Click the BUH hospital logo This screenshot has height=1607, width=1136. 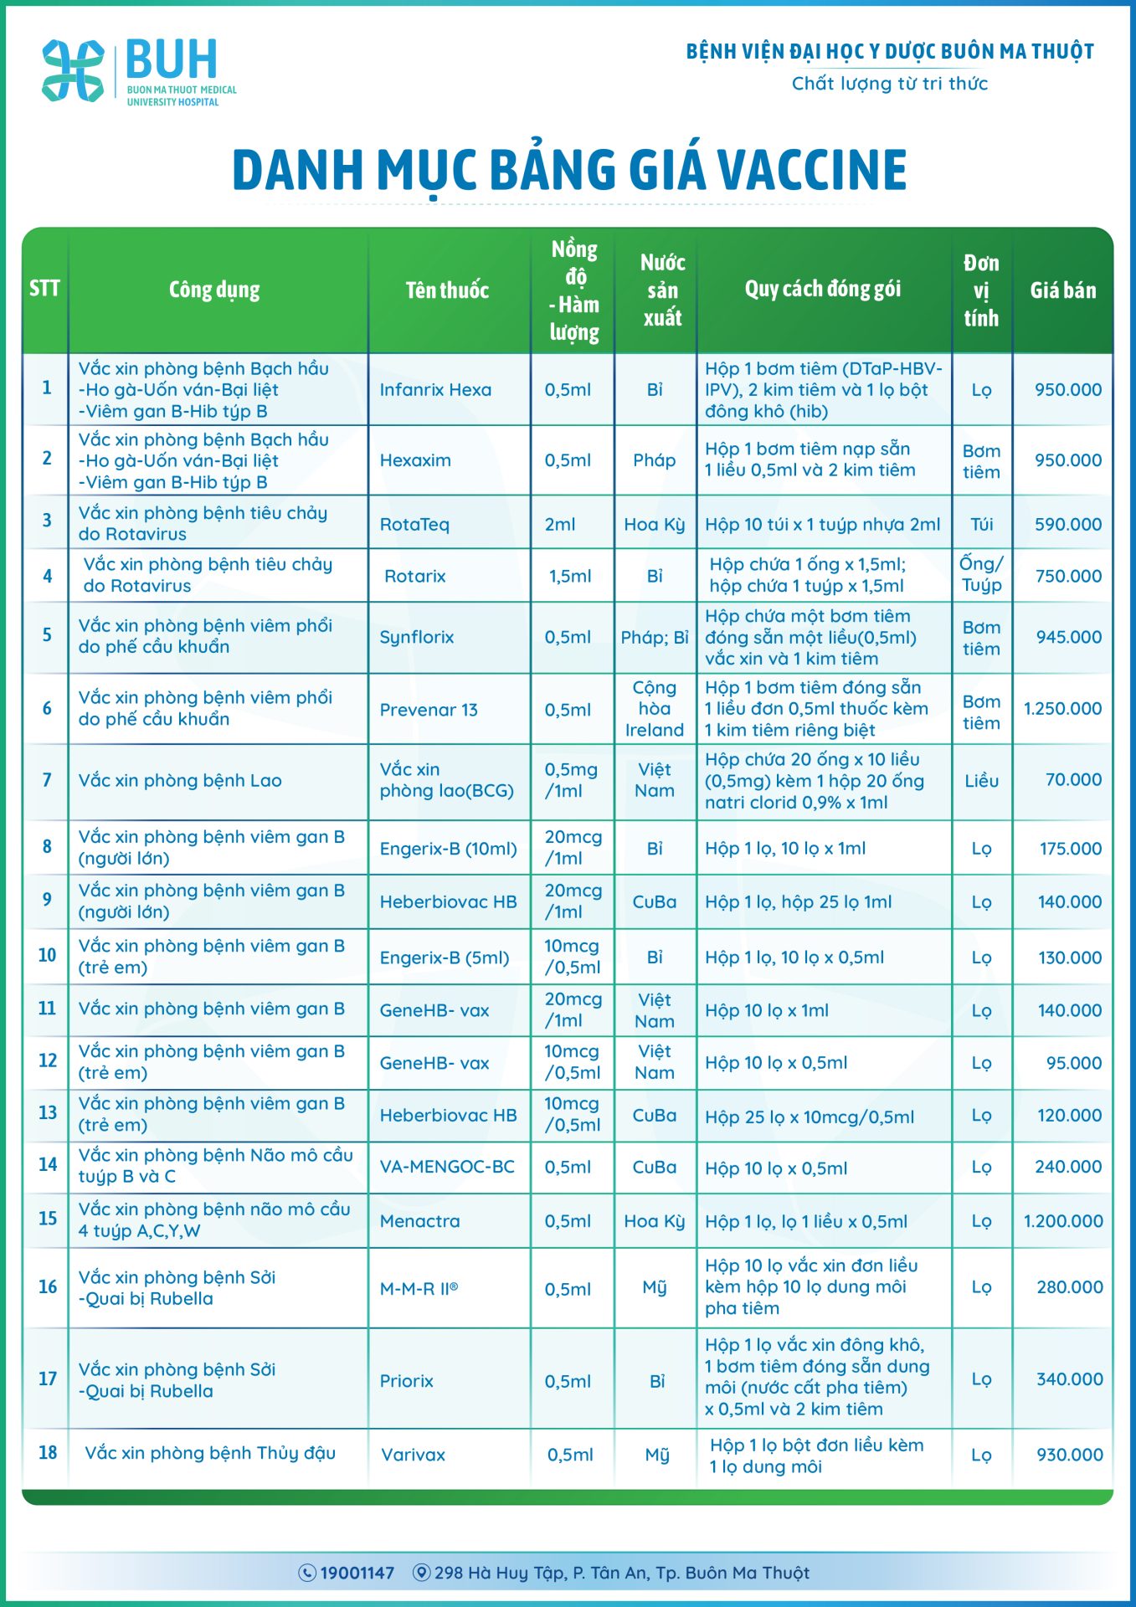[x=138, y=71]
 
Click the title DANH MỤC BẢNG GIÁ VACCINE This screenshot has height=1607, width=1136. [x=568, y=170]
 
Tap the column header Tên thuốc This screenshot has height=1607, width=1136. [x=447, y=290]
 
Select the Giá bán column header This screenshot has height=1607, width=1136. [x=1062, y=290]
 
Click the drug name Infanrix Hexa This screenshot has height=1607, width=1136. [x=435, y=390]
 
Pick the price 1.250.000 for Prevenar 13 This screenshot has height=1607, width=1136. [x=1062, y=709]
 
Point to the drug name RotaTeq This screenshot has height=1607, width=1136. [x=414, y=525]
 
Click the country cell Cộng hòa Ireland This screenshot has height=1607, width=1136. [x=654, y=709]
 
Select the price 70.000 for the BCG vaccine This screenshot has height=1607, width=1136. [x=1073, y=780]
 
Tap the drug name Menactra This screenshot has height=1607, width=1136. [x=419, y=1221]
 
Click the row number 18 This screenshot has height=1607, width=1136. [x=48, y=1453]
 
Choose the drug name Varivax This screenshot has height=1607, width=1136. [x=413, y=1456]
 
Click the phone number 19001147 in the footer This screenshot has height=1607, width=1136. [x=357, y=1574]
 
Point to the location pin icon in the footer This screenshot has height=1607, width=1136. [x=422, y=1574]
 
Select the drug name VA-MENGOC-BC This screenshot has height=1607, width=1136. [x=447, y=1167]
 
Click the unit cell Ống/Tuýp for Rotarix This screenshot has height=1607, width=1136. [x=981, y=575]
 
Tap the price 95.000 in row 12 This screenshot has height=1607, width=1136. [x=1073, y=1063]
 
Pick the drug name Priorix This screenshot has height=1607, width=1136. [x=406, y=1381]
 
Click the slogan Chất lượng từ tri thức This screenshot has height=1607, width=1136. [x=890, y=84]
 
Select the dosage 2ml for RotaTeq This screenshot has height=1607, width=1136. [x=560, y=525]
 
